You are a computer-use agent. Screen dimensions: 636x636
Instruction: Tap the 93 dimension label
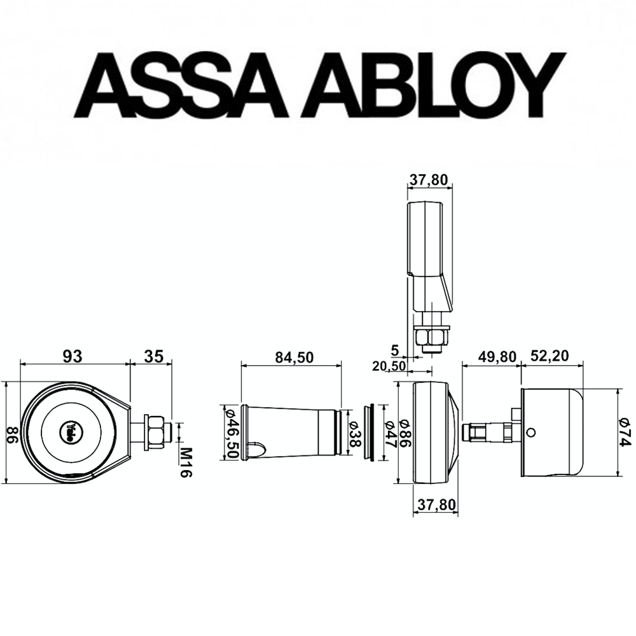74,356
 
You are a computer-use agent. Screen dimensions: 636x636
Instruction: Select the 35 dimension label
153,356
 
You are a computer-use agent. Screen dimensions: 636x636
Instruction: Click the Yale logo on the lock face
67,431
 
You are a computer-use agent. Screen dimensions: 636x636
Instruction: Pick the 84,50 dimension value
294,357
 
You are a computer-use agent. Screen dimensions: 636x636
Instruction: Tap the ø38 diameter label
357,432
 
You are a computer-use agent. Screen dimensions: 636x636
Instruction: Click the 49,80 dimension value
496,357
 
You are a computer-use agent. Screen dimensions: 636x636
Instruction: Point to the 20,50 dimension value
389,366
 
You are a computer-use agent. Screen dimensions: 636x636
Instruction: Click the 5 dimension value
396,350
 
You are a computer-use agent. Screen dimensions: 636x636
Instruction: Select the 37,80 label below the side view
436,504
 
